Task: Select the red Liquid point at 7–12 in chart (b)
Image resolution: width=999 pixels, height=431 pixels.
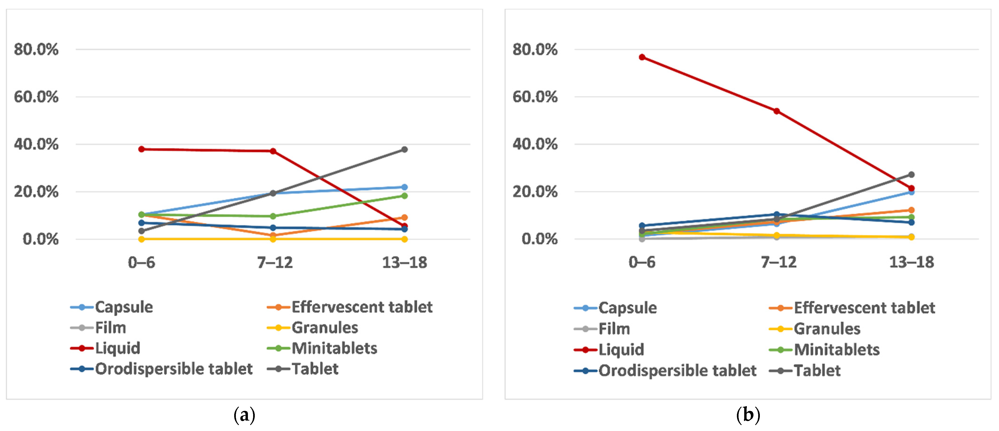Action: click(776, 111)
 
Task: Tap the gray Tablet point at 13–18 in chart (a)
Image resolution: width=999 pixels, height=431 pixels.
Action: click(404, 150)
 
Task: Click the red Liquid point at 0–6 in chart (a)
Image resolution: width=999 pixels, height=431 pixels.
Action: click(141, 149)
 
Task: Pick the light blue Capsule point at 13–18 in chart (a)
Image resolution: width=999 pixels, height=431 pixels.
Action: click(404, 187)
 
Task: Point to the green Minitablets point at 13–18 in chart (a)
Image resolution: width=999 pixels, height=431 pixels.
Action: click(404, 196)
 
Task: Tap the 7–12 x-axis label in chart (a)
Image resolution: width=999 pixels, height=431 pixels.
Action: click(275, 263)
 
